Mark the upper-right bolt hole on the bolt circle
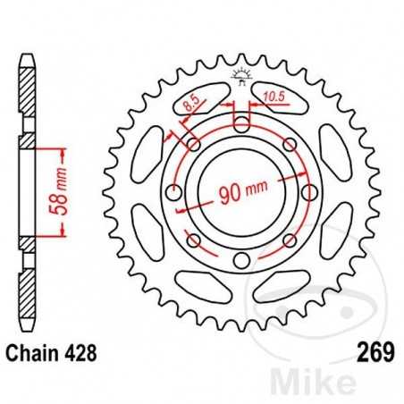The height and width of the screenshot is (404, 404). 289,145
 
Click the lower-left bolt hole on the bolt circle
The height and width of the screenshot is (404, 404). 193,240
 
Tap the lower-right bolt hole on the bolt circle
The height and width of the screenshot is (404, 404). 289,240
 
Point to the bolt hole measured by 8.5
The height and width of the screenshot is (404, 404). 193,145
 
